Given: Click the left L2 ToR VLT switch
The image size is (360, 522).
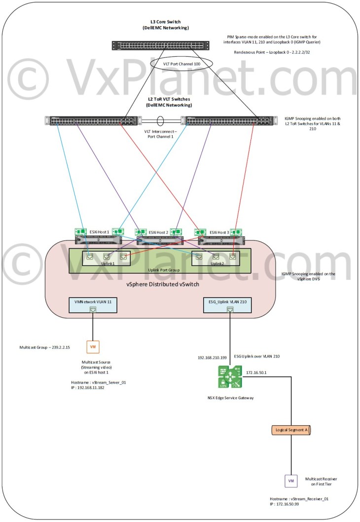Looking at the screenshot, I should coord(94,120).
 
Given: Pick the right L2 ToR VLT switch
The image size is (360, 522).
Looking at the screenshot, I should coord(225,120).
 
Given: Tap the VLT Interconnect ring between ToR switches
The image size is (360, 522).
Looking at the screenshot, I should coord(160,120).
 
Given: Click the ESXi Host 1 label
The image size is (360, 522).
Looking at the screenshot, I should coord(100,232).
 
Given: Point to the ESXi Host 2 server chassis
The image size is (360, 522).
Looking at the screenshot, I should coord(160,240).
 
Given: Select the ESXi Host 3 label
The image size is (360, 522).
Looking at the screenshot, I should coord(220,232).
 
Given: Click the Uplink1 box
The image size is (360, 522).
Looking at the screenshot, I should coord(106,258).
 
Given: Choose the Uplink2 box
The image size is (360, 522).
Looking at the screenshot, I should coord(215,258).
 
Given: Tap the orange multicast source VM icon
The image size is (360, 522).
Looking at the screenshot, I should coord(92,347).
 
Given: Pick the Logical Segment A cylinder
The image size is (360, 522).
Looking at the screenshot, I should coord(292,430).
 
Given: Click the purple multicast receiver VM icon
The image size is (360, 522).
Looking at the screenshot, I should coord(290,481).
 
